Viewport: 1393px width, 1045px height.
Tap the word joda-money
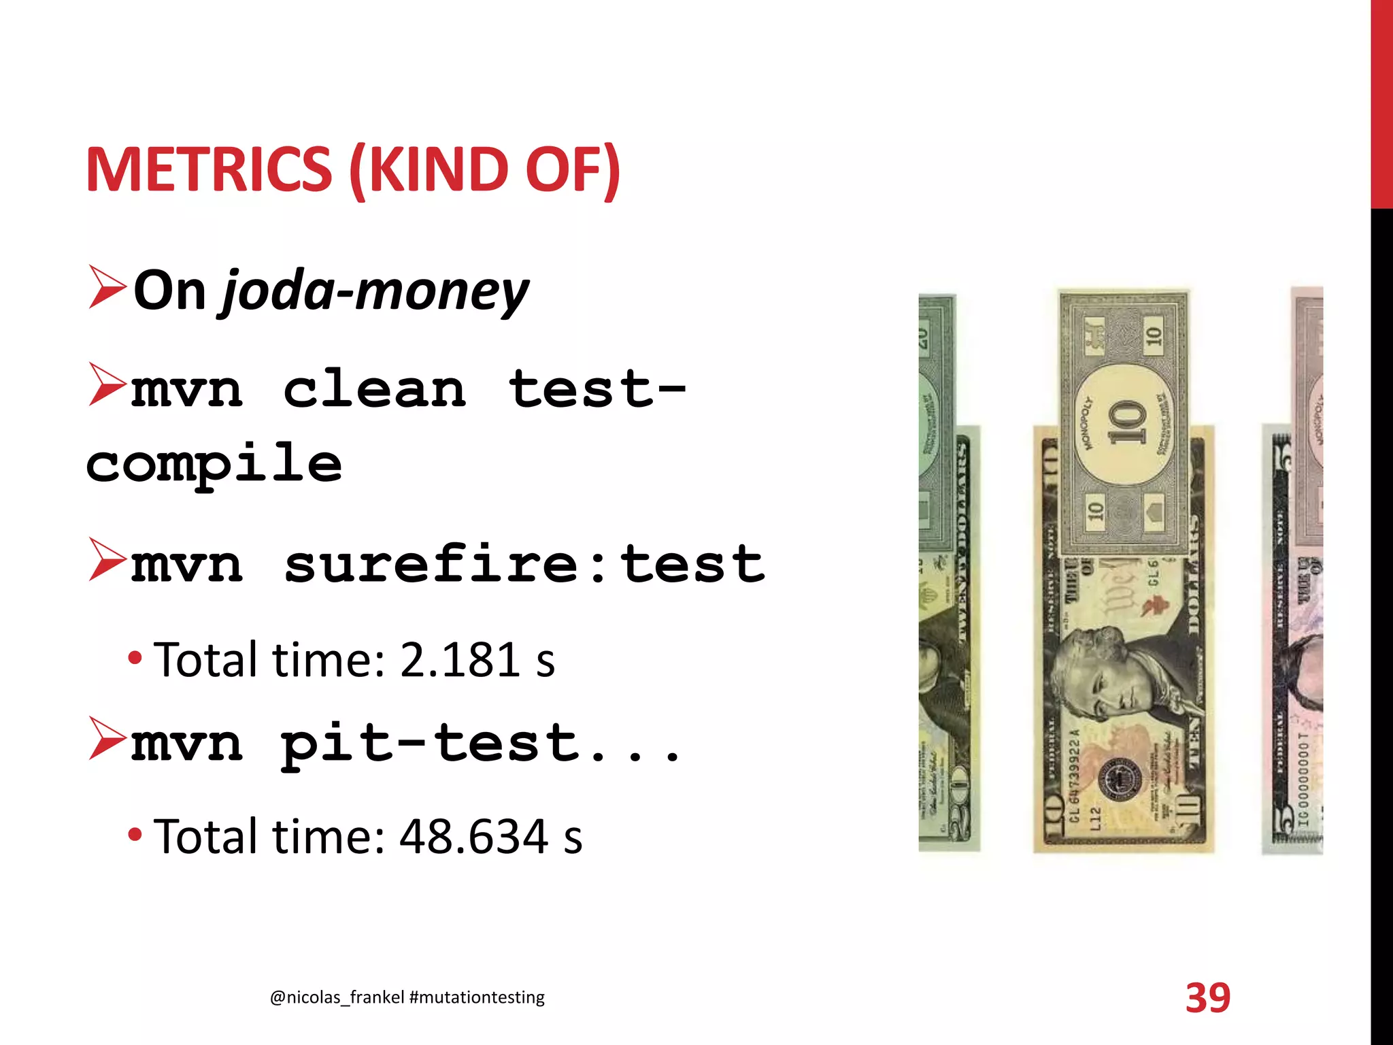[375, 291]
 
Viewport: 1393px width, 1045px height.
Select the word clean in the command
[374, 389]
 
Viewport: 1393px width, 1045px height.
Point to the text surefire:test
[524, 563]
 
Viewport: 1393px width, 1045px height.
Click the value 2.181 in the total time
[460, 660]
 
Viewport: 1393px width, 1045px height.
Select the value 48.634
[473, 836]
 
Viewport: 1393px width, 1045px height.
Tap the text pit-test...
[430, 743]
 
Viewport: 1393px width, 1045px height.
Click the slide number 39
[1208, 998]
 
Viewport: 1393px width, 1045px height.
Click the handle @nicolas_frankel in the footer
[337, 997]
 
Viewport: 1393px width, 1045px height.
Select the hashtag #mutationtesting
[477, 997]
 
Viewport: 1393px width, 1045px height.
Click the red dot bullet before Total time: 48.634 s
[135, 834]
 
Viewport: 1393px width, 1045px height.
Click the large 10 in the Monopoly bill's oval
[1126, 422]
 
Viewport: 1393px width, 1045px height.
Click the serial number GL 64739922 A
[1075, 776]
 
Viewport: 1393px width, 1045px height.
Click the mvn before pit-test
[186, 743]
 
